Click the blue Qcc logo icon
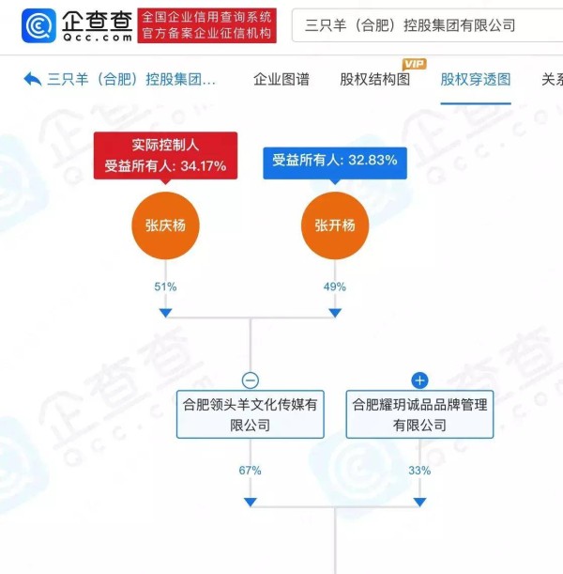coord(38,25)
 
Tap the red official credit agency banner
coord(207,25)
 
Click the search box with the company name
coord(427,25)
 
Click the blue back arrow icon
coord(33,79)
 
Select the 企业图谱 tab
coord(281,80)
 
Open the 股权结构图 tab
coord(375,80)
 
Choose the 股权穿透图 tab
coord(476,80)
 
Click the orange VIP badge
coord(415,65)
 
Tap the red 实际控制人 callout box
coord(165,156)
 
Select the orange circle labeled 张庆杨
coord(165,225)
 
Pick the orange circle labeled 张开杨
coord(335,225)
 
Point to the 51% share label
coord(165,287)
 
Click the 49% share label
coord(335,287)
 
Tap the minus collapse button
coord(251,380)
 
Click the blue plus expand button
coord(419,380)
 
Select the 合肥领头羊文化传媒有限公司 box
coord(251,414)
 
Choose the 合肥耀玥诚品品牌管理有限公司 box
coord(419,414)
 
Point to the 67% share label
coord(251,471)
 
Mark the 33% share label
coord(419,471)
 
